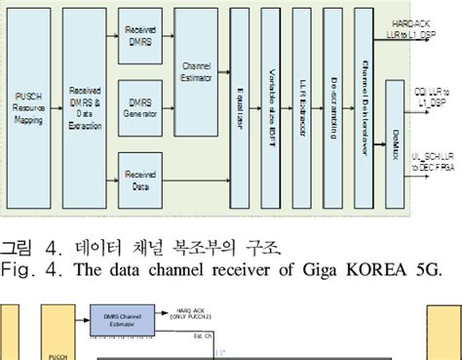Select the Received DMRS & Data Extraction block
pos(86,104)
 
